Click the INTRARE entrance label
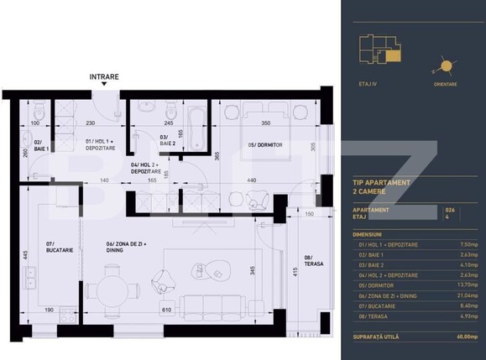(104, 76)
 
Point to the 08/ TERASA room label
(308, 261)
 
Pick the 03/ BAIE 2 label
(169, 138)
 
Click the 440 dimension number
(251, 180)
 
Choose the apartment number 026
(450, 208)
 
